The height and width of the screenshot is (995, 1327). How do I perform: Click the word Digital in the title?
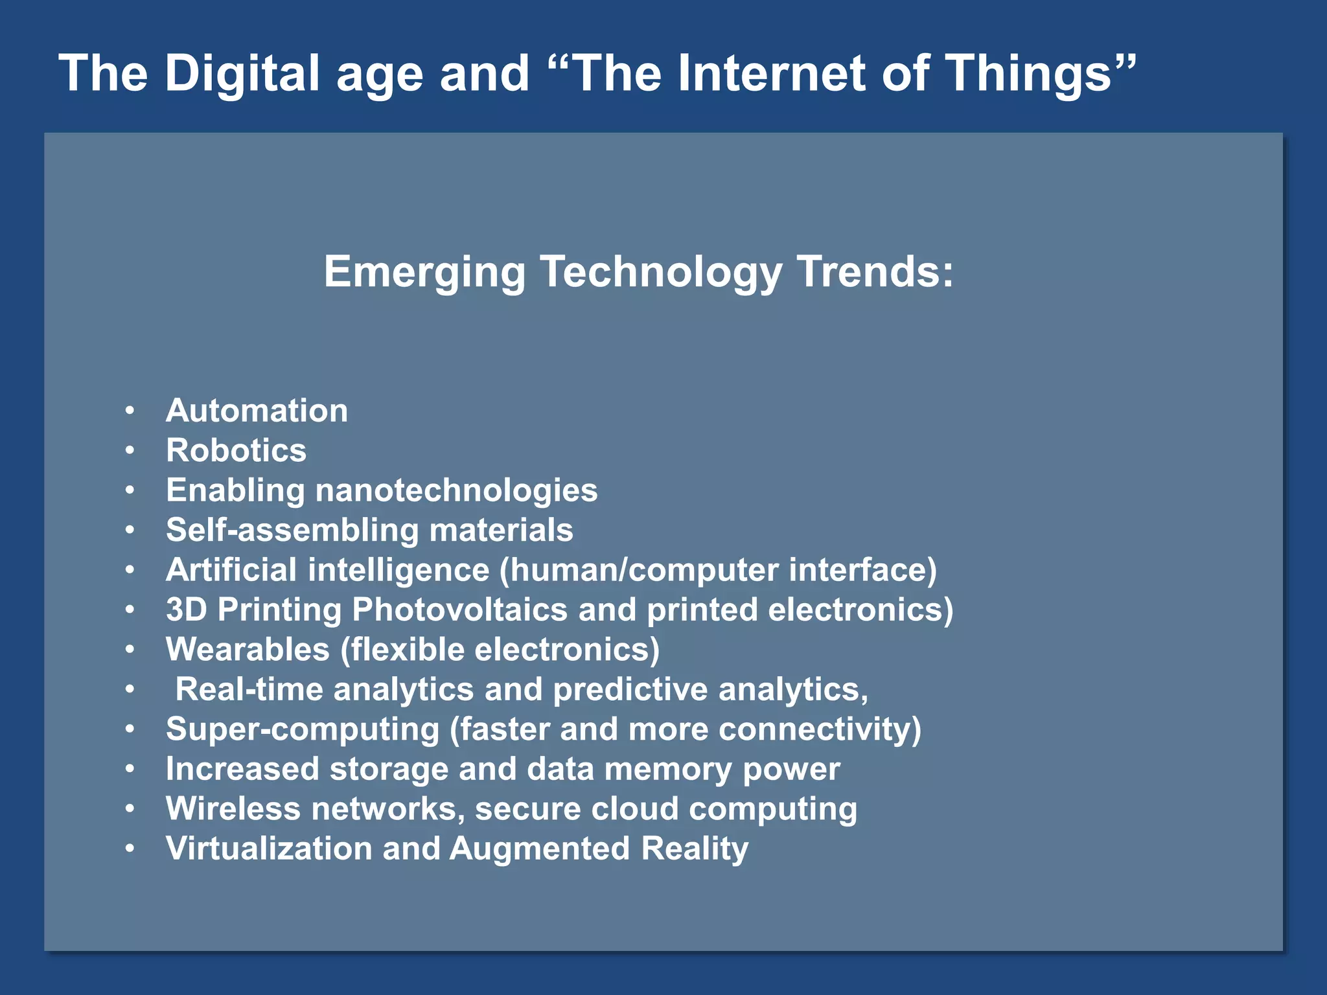click(242, 73)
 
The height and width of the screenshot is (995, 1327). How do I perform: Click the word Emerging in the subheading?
click(424, 272)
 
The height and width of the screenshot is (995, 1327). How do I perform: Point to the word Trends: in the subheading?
click(875, 272)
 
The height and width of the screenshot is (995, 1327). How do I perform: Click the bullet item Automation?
click(257, 411)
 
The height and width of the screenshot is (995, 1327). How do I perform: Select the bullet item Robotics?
click(236, 451)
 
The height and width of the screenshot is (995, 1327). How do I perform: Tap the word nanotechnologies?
click(456, 490)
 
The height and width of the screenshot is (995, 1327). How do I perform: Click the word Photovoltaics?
click(459, 610)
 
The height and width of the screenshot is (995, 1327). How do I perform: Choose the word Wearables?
click(248, 650)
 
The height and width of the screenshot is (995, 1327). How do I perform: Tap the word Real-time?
click(249, 689)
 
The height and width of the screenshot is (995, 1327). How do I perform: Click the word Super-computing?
click(303, 729)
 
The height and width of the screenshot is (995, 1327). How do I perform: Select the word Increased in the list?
click(242, 769)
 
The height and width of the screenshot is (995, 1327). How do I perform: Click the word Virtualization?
click(269, 849)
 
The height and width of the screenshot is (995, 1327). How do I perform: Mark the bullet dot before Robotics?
click(130, 450)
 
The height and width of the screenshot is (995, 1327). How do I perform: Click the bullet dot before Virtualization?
click(130, 848)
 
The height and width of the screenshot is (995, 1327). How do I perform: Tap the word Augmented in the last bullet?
click(539, 849)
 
